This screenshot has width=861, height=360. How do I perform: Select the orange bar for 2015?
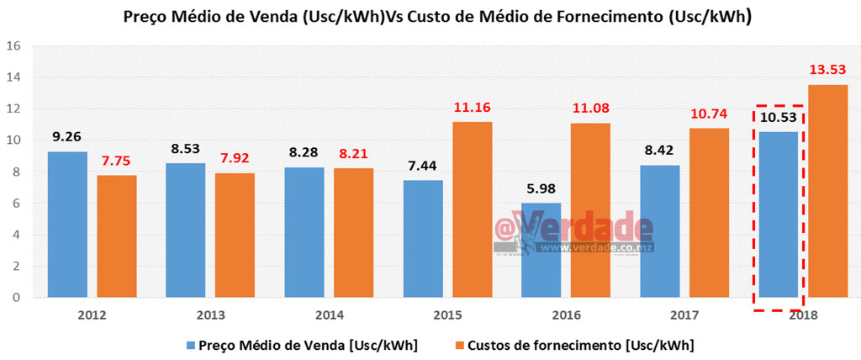click(x=472, y=209)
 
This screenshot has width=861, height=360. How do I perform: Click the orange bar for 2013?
click(x=235, y=235)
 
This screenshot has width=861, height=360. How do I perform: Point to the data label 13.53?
click(x=828, y=68)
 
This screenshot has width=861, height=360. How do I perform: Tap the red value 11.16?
click(x=472, y=107)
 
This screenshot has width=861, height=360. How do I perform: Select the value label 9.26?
click(x=67, y=135)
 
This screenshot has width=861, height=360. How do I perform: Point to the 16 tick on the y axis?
click(x=13, y=45)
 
